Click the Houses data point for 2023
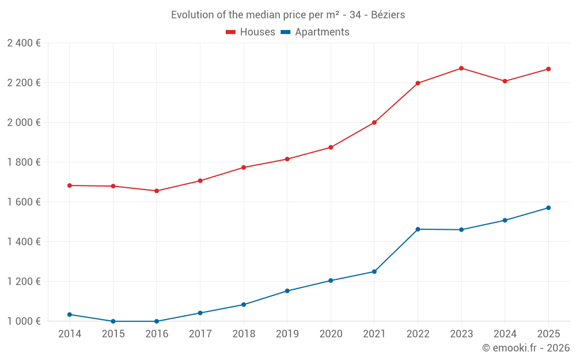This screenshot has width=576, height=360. coord(461,69)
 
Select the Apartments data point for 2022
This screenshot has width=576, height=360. coord(418,229)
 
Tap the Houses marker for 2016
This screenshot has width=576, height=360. coord(157,191)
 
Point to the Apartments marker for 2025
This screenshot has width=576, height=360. coord(548,208)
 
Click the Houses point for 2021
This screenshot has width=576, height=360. coord(374,123)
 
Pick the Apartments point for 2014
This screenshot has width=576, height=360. coord(70,314)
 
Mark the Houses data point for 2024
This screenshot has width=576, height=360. coord(505,81)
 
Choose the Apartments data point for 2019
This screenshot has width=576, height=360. coord(287,291)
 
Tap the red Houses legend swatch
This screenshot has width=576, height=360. coord(231,32)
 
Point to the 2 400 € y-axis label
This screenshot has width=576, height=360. coord(24,43)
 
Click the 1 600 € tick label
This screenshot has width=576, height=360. coord(24,202)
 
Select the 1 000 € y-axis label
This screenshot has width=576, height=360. coord(24,321)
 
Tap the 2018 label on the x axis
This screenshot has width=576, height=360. coord(244,334)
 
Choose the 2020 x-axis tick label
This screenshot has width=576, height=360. coord(331,334)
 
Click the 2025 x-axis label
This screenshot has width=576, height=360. coord(548,334)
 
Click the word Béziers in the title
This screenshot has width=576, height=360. coord(388,15)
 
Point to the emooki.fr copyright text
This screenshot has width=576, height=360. coord(526,348)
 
